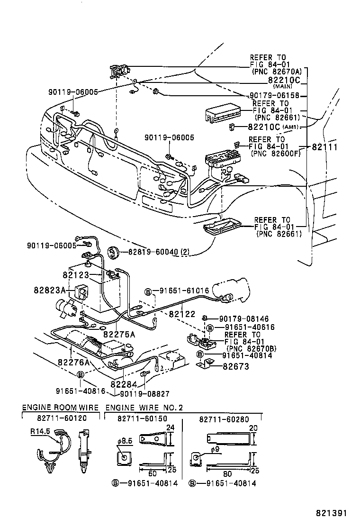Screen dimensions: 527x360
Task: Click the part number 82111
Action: coord(324,147)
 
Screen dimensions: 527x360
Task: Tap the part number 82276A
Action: coord(74,363)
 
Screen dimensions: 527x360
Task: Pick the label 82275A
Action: coord(119,335)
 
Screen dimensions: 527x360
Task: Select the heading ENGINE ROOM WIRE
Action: coord(60,407)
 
